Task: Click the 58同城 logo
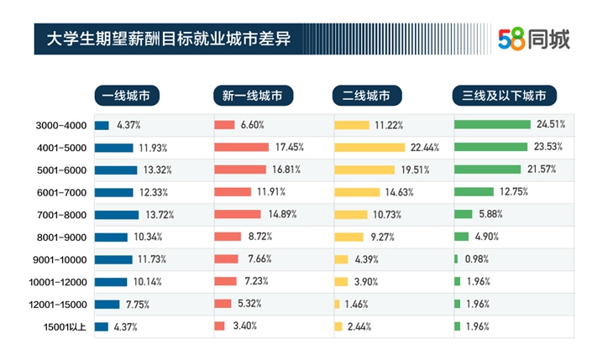coord(533,38)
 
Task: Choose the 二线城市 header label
coord(367,95)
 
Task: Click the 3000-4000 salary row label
coord(61,126)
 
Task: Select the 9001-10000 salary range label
coord(61,259)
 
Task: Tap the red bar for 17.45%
coord(241,148)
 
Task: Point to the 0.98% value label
coord(476,259)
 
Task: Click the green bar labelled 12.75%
coord(474,192)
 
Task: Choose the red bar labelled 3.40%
coord(219,326)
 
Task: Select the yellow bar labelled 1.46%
coord(338,304)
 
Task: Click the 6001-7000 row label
coord(61,192)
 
